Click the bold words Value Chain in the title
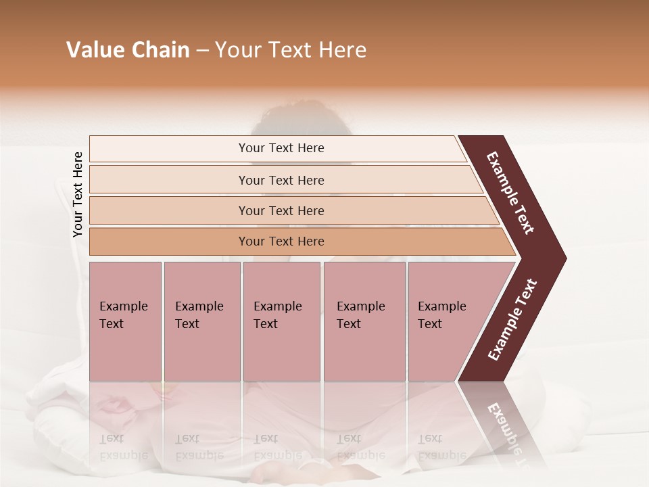pos(128,50)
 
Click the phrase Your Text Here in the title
pos(291,50)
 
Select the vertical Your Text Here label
pos(78,194)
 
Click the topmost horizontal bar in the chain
pos(281,148)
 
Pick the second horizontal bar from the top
pos(281,180)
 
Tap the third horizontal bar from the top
pos(281,210)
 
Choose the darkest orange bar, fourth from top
pos(281,241)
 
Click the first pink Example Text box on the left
pos(125,321)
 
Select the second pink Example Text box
pos(201,321)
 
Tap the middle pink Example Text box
pos(281,321)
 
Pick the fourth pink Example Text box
pos(364,321)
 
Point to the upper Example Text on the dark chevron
pos(511,193)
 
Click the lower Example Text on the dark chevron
pos(512,319)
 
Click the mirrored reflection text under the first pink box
pos(123,447)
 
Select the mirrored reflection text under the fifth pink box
pos(441,447)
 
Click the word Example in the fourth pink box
pos(361,306)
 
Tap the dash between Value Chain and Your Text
pos(202,51)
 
